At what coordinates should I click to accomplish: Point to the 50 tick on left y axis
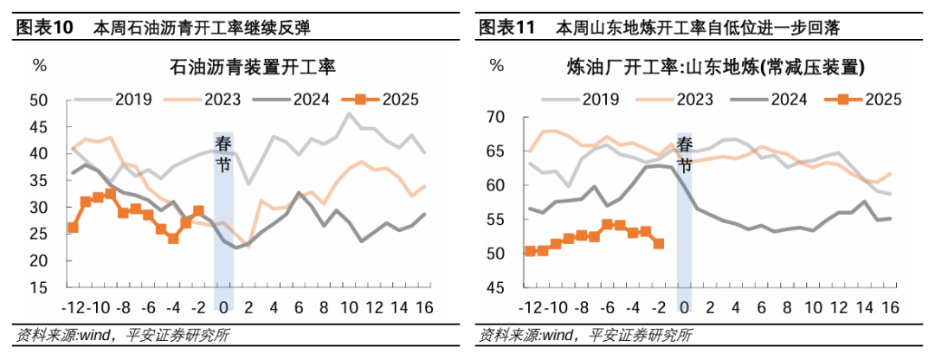pos(38,100)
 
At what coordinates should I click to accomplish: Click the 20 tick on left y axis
pos(38,260)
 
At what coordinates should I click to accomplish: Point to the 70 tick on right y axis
pos(494,117)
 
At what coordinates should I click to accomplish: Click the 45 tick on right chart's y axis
pos(494,288)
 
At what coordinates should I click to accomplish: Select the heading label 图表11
pos(507,28)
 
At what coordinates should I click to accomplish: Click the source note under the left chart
pos(122,335)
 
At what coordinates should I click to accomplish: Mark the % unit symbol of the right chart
pos(495,65)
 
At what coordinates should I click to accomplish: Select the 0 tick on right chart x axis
pos(684,306)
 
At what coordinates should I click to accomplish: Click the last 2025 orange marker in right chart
pos(658,244)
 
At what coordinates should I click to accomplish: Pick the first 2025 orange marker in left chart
pos(73,228)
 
